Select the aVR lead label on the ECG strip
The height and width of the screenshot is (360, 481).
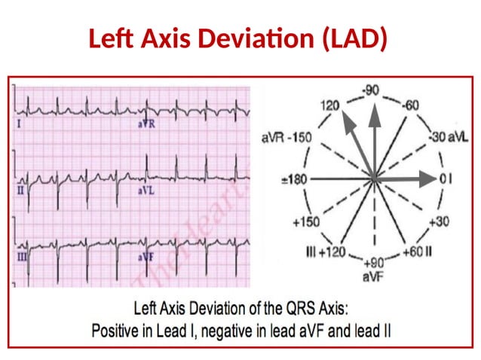tap(146, 124)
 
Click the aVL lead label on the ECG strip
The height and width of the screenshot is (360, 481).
tap(146, 192)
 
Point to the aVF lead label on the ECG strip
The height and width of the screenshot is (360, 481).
tap(146, 257)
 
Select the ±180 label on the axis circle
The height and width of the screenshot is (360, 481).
tap(292, 180)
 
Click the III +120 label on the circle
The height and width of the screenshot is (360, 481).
tap(326, 251)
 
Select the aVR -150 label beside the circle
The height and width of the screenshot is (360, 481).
tap(286, 139)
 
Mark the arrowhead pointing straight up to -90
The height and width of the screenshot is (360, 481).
tap(373, 111)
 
